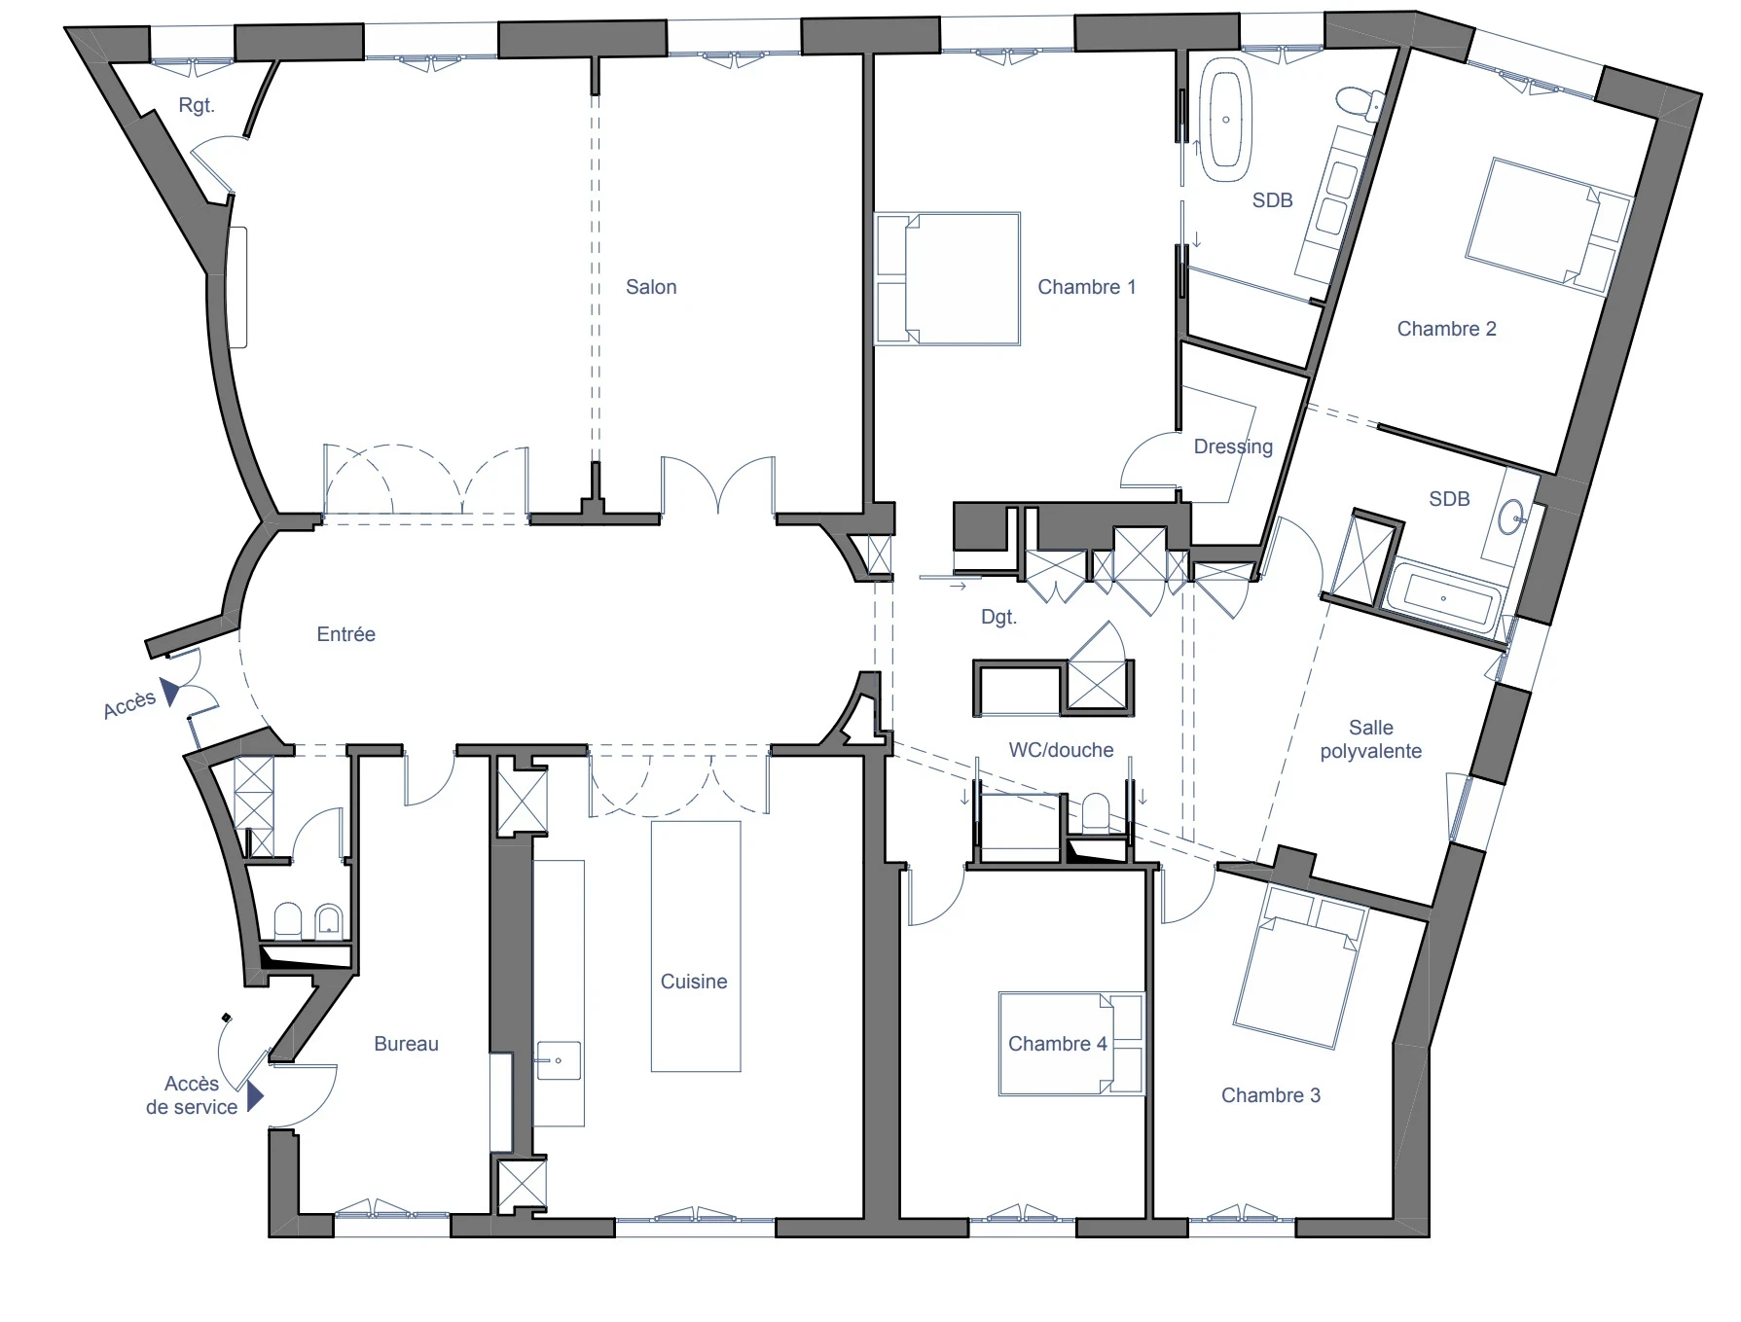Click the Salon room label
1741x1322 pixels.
click(x=650, y=287)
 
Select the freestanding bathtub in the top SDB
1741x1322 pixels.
click(x=1225, y=120)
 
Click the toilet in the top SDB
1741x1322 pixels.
click(x=1356, y=100)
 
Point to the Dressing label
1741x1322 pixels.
click(x=1232, y=447)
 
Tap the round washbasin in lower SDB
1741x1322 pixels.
click(x=1510, y=517)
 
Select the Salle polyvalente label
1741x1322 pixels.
click(x=1370, y=739)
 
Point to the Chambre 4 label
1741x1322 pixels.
click(x=1057, y=1044)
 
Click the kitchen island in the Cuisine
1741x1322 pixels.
click(x=695, y=946)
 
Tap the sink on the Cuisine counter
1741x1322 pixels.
click(x=558, y=1060)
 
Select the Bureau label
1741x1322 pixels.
click(x=406, y=1044)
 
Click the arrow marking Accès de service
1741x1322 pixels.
click(x=255, y=1096)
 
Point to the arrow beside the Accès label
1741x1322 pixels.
click(x=170, y=692)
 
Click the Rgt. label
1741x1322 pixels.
click(x=196, y=105)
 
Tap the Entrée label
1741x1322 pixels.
click(x=345, y=634)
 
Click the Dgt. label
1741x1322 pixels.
click(x=998, y=617)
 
